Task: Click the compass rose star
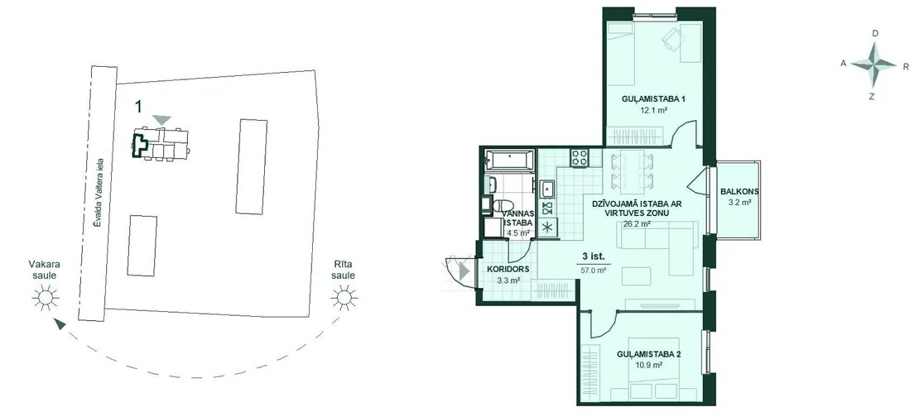pyautogui.click(x=873, y=65)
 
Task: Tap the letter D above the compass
pyautogui.click(x=875, y=33)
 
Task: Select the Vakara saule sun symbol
pyautogui.click(x=46, y=298)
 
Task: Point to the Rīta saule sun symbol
pyautogui.click(x=344, y=298)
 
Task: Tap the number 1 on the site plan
pyautogui.click(x=138, y=106)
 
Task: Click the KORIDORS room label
pyautogui.click(x=508, y=270)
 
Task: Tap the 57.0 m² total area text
pyautogui.click(x=593, y=271)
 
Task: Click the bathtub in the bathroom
pyautogui.click(x=509, y=160)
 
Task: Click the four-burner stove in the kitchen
pyautogui.click(x=580, y=157)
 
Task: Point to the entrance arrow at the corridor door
pyautogui.click(x=464, y=271)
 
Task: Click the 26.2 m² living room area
pyautogui.click(x=637, y=224)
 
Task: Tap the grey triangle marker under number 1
pyautogui.click(x=161, y=120)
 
